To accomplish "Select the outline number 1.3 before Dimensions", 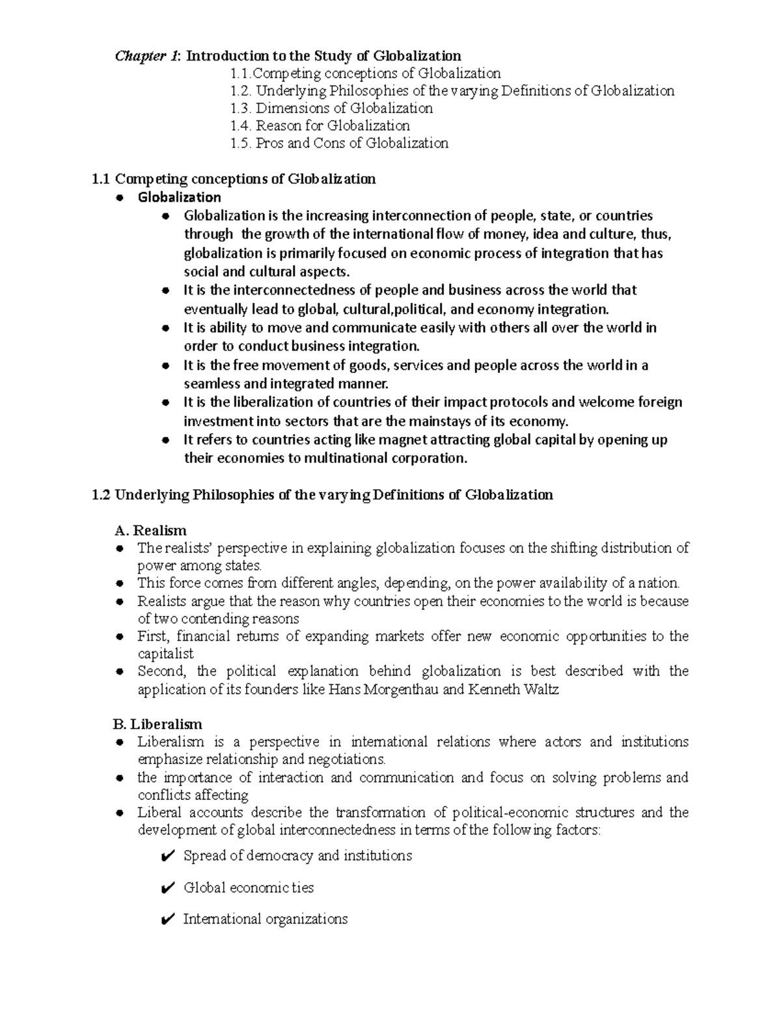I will (x=241, y=109).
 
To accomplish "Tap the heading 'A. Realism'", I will (x=150, y=531).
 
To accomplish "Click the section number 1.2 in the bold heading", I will (x=102, y=495).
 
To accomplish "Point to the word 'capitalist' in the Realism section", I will (x=165, y=654).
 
